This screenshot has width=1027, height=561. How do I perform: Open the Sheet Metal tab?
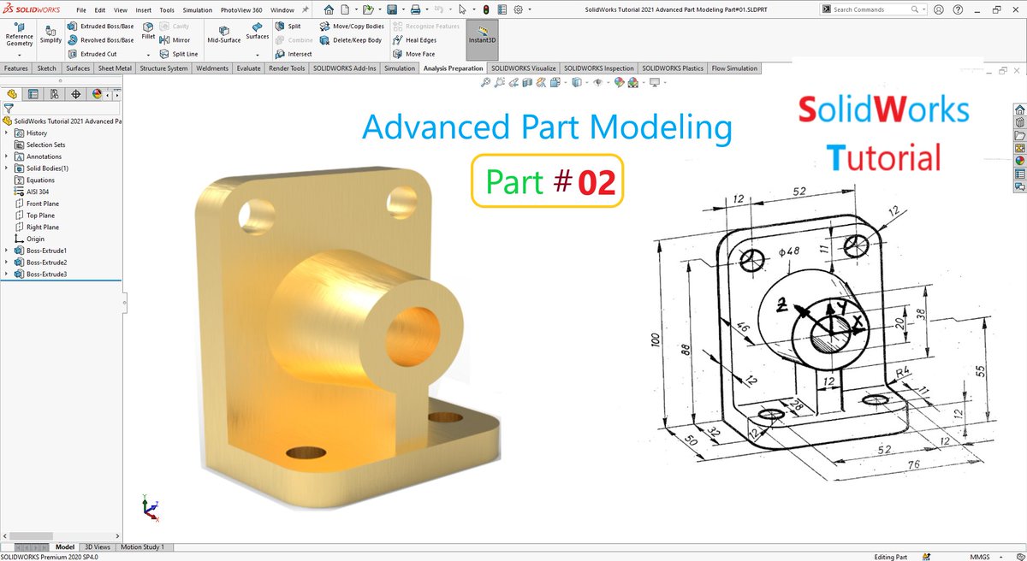pos(115,68)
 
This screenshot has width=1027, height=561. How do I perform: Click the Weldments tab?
pos(211,68)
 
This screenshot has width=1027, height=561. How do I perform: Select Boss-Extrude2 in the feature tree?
pos(46,263)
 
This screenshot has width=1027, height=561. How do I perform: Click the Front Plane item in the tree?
pos(42,204)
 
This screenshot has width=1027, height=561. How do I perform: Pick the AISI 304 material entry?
pos(39,192)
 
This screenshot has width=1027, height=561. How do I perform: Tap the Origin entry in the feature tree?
pos(35,239)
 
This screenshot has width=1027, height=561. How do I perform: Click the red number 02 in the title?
pos(597,181)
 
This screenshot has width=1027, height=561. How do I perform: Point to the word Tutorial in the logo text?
pos(883,157)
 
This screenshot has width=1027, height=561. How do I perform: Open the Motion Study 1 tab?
pos(142,546)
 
